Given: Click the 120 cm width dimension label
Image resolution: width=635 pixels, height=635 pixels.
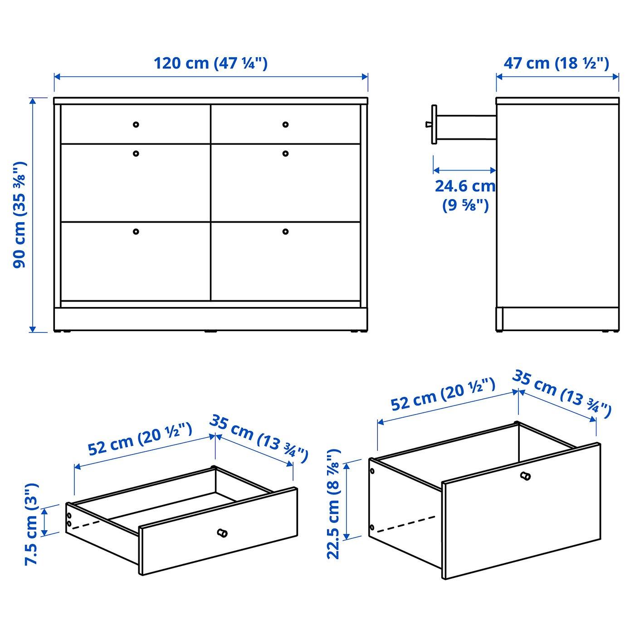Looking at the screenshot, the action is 210,63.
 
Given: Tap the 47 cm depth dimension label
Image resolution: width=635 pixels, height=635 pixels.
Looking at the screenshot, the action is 557,63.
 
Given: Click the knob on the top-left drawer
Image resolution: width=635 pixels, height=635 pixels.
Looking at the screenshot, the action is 136,125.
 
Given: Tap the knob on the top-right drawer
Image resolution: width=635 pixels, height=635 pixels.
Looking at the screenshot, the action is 285,125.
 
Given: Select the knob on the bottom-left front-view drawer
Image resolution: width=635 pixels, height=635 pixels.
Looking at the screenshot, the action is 136,231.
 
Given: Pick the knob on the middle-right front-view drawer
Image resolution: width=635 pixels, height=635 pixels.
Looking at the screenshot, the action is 285,153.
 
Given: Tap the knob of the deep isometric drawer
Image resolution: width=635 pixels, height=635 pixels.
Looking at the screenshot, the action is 525,476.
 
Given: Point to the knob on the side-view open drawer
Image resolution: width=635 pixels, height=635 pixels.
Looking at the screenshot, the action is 428,124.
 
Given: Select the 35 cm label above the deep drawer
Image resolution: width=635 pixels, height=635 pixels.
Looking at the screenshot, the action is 562,394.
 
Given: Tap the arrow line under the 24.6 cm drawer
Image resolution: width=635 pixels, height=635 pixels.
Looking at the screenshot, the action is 464,171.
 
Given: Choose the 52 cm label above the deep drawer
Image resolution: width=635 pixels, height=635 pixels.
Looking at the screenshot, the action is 443,394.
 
